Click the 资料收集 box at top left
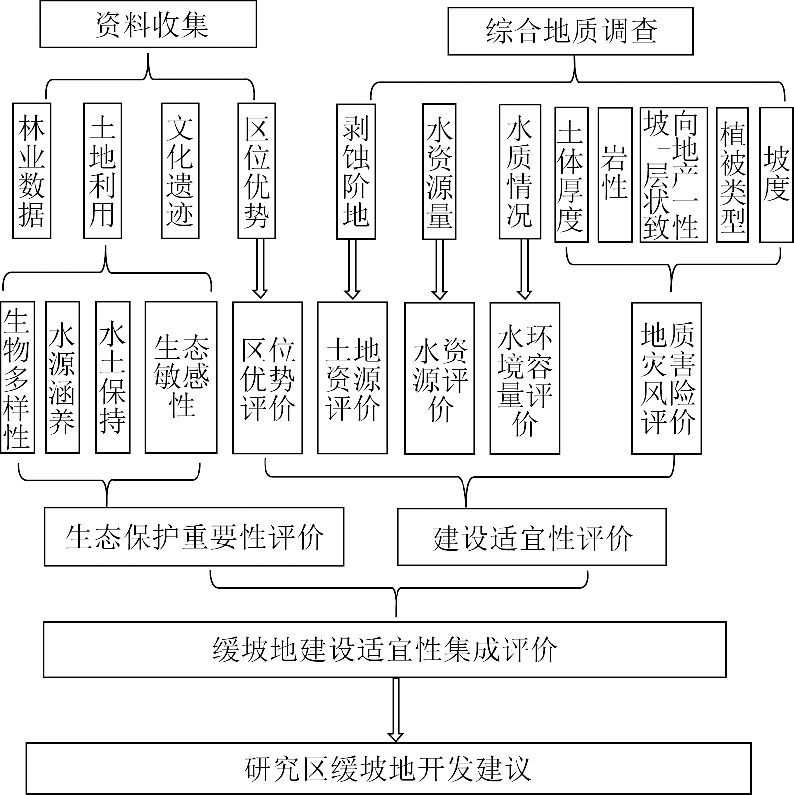click(x=148, y=24)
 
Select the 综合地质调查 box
click(x=570, y=31)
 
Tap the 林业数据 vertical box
click(x=32, y=171)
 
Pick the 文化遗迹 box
click(x=180, y=171)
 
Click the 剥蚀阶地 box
click(x=356, y=171)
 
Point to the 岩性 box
click(x=615, y=175)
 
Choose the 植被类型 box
click(x=732, y=175)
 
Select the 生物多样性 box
click(x=18, y=377)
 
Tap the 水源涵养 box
click(x=63, y=377)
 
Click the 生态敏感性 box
click(x=181, y=377)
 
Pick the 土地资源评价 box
click(x=352, y=378)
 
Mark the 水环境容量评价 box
click(x=525, y=378)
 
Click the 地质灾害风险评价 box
click(x=666, y=378)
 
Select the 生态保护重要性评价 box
click(x=194, y=536)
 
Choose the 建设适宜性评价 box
click(x=532, y=537)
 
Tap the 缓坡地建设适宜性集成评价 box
click(x=385, y=649)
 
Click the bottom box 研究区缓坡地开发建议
click(x=389, y=768)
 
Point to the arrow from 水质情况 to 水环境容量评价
click(x=525, y=270)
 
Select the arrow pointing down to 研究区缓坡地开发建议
click(x=396, y=710)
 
